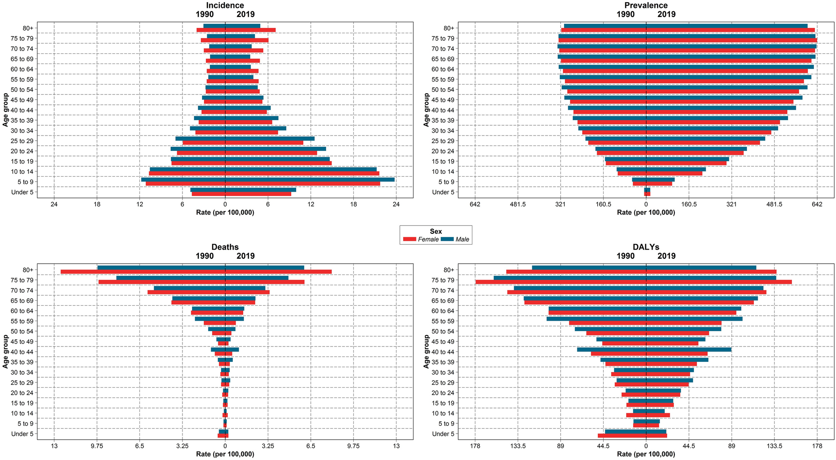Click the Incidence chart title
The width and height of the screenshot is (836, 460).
coord(225,5)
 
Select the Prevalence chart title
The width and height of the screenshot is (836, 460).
coord(646,5)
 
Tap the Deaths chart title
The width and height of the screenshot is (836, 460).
coord(225,247)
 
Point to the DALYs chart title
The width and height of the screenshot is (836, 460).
coord(646,247)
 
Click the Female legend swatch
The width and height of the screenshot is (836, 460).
coord(410,240)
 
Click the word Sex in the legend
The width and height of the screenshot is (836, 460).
coord(436,232)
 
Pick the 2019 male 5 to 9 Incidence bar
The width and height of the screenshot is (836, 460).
coord(310,180)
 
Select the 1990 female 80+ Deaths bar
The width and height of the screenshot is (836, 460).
coord(143,272)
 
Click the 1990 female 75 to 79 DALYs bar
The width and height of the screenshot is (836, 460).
coord(561,282)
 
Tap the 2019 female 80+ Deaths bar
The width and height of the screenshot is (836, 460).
coord(278,272)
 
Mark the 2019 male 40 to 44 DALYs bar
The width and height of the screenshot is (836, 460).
coord(689,349)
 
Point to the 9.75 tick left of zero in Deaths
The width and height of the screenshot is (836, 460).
coord(97,446)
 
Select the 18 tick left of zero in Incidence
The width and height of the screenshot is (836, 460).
coord(97,204)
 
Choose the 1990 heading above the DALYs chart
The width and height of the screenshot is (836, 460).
coord(626,256)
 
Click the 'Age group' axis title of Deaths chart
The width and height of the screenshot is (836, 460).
coord(5,351)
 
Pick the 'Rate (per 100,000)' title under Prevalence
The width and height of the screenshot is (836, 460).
coord(646,213)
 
